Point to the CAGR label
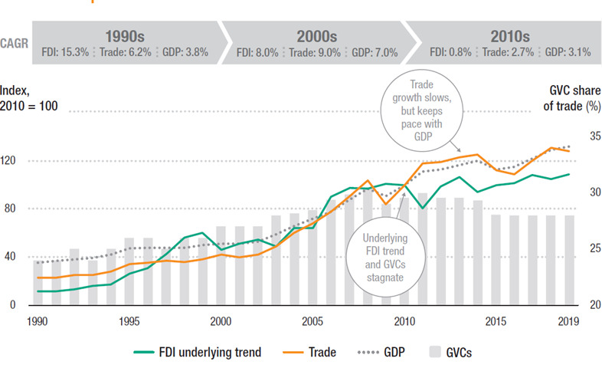[x=16, y=44]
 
